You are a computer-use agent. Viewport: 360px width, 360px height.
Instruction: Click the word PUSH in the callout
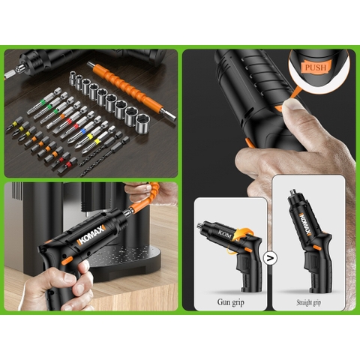(315, 67)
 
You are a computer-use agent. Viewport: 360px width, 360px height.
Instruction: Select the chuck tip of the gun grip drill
(200, 226)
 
